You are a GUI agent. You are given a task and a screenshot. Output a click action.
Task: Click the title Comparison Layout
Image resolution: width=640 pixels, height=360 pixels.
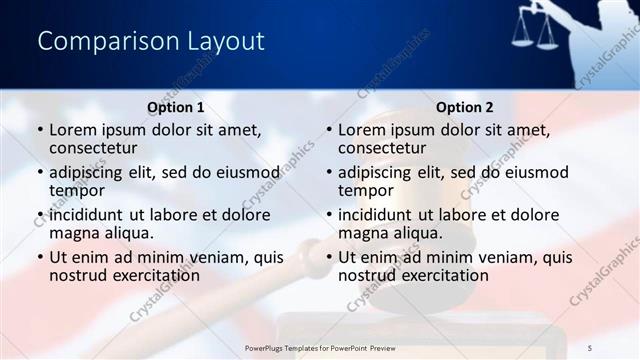click(x=150, y=41)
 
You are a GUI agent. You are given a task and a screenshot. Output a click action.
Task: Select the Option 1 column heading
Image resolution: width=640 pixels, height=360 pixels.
click(x=176, y=107)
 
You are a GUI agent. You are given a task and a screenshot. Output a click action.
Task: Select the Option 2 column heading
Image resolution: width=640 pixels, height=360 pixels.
click(x=464, y=107)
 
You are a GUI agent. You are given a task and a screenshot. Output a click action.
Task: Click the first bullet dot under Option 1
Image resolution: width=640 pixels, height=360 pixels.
click(x=39, y=130)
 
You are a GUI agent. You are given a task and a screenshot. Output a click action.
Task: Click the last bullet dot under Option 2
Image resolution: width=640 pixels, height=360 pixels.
click(x=328, y=258)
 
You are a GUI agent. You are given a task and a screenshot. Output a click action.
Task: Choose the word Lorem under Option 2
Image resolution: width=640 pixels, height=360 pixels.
click(x=362, y=130)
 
